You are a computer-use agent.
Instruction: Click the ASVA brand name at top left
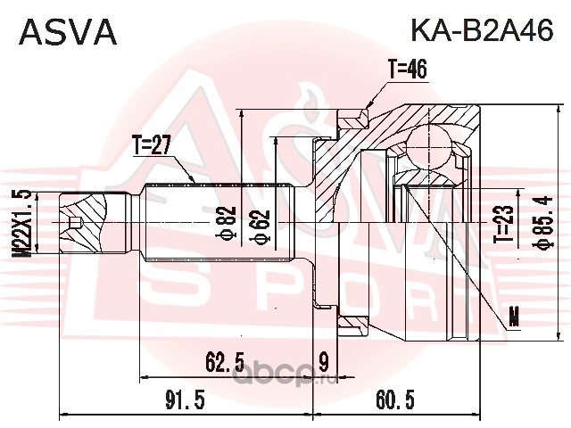68,32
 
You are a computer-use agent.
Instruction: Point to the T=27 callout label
151,144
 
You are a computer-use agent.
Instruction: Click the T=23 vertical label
504,224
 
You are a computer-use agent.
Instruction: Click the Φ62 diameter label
261,226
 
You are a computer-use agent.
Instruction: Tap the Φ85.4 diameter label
543,222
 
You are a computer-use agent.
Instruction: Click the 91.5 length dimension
185,399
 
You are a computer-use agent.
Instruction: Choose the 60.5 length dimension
395,399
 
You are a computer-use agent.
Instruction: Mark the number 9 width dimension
323,362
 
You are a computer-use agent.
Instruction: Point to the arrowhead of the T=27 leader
192,178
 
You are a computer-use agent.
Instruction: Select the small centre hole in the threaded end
75,222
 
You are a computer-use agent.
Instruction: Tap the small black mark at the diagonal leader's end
514,316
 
